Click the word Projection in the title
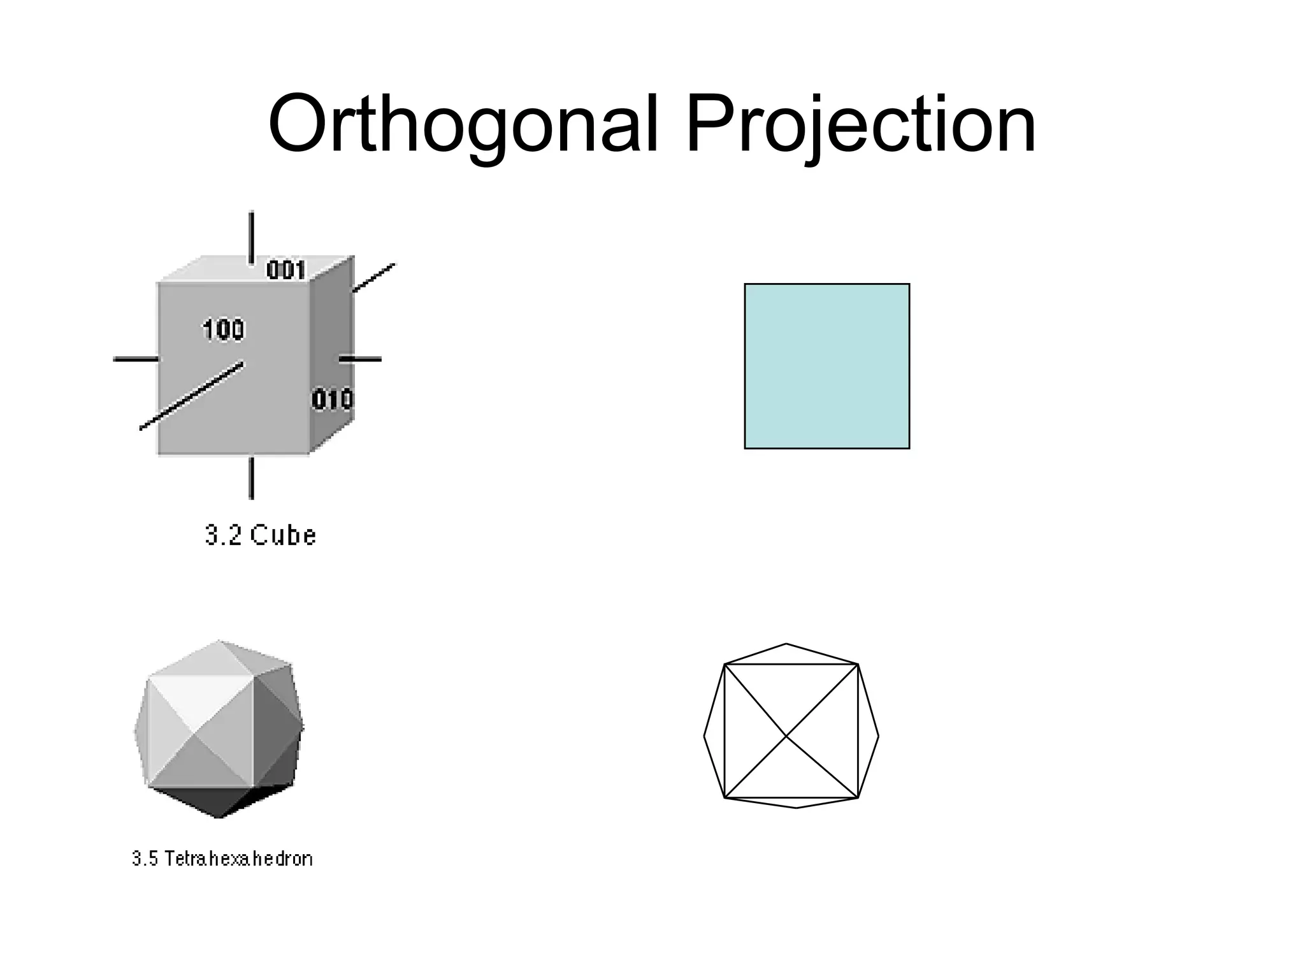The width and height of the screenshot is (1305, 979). pyautogui.click(x=860, y=124)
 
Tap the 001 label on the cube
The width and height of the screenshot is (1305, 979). pyautogui.click(x=286, y=270)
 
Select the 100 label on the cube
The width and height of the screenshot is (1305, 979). pyautogui.click(x=224, y=330)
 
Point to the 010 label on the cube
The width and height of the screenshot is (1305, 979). pyautogui.click(x=332, y=400)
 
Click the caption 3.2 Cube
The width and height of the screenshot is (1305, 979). pyautogui.click(x=261, y=535)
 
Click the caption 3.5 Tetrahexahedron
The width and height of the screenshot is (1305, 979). pyautogui.click(x=222, y=859)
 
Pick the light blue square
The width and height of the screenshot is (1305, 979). pyautogui.click(x=826, y=366)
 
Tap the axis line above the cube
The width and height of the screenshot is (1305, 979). pyautogui.click(x=252, y=236)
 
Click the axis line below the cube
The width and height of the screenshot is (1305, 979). pyautogui.click(x=252, y=477)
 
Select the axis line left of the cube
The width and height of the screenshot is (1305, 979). pyautogui.click(x=136, y=359)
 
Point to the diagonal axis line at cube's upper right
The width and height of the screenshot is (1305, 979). pyautogui.click(x=374, y=278)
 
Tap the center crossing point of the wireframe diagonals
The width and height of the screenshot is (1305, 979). pyautogui.click(x=788, y=736)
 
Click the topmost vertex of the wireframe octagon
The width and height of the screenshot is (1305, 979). pyautogui.click(x=786, y=644)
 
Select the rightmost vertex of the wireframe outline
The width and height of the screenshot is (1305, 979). pyautogui.click(x=879, y=736)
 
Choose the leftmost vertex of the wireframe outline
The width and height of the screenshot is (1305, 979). pyautogui.click(x=704, y=736)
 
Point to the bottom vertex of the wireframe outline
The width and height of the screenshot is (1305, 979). pyautogui.click(x=797, y=808)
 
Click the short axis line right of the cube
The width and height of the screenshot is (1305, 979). pyautogui.click(x=360, y=359)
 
